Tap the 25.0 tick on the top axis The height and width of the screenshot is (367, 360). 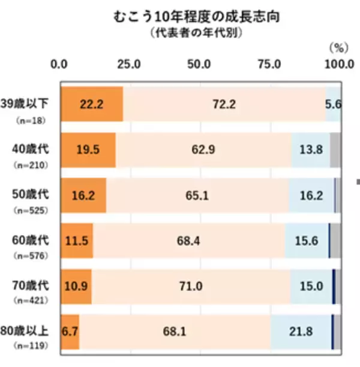coord(129,64)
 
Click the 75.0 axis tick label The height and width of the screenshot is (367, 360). coord(268,64)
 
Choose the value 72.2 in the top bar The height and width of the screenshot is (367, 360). coord(224,104)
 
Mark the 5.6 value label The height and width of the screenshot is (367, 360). coord(334,104)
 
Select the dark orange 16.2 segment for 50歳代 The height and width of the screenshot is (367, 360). coord(83,195)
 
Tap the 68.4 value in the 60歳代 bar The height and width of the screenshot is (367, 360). coord(189,240)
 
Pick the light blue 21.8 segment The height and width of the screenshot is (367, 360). coord(301,331)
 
